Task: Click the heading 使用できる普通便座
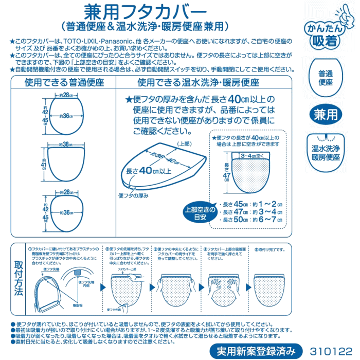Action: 64,82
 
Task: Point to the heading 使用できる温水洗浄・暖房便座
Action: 198,82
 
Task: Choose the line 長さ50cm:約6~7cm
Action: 250,220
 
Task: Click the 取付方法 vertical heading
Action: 19,278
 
